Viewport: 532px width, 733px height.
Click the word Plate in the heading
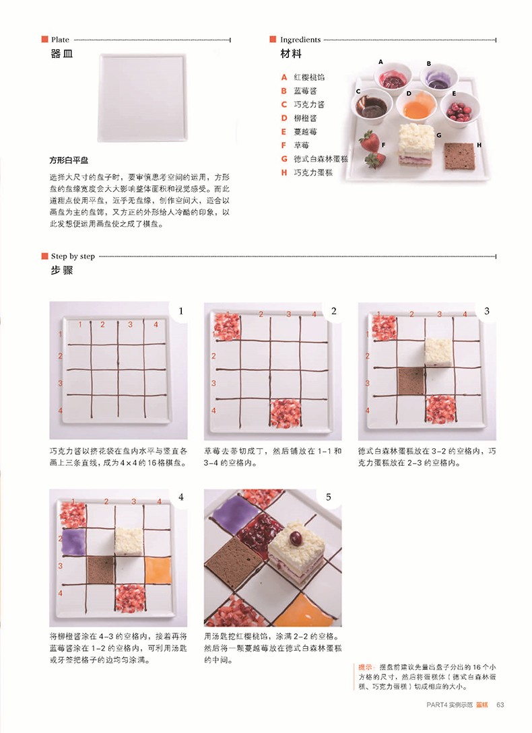point(60,40)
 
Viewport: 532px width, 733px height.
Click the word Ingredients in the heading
point(300,40)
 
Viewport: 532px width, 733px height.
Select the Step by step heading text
point(73,256)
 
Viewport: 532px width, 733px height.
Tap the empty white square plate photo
point(142,98)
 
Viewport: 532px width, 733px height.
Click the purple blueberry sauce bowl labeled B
point(438,79)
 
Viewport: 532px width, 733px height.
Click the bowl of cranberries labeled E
point(459,109)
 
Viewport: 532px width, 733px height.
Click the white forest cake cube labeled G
point(416,144)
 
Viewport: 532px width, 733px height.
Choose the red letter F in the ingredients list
point(283,145)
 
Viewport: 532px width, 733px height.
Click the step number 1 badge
point(180,312)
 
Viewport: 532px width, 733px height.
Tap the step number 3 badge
point(487,312)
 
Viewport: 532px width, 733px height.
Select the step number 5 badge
point(329,497)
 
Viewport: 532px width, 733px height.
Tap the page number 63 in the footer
point(500,705)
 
